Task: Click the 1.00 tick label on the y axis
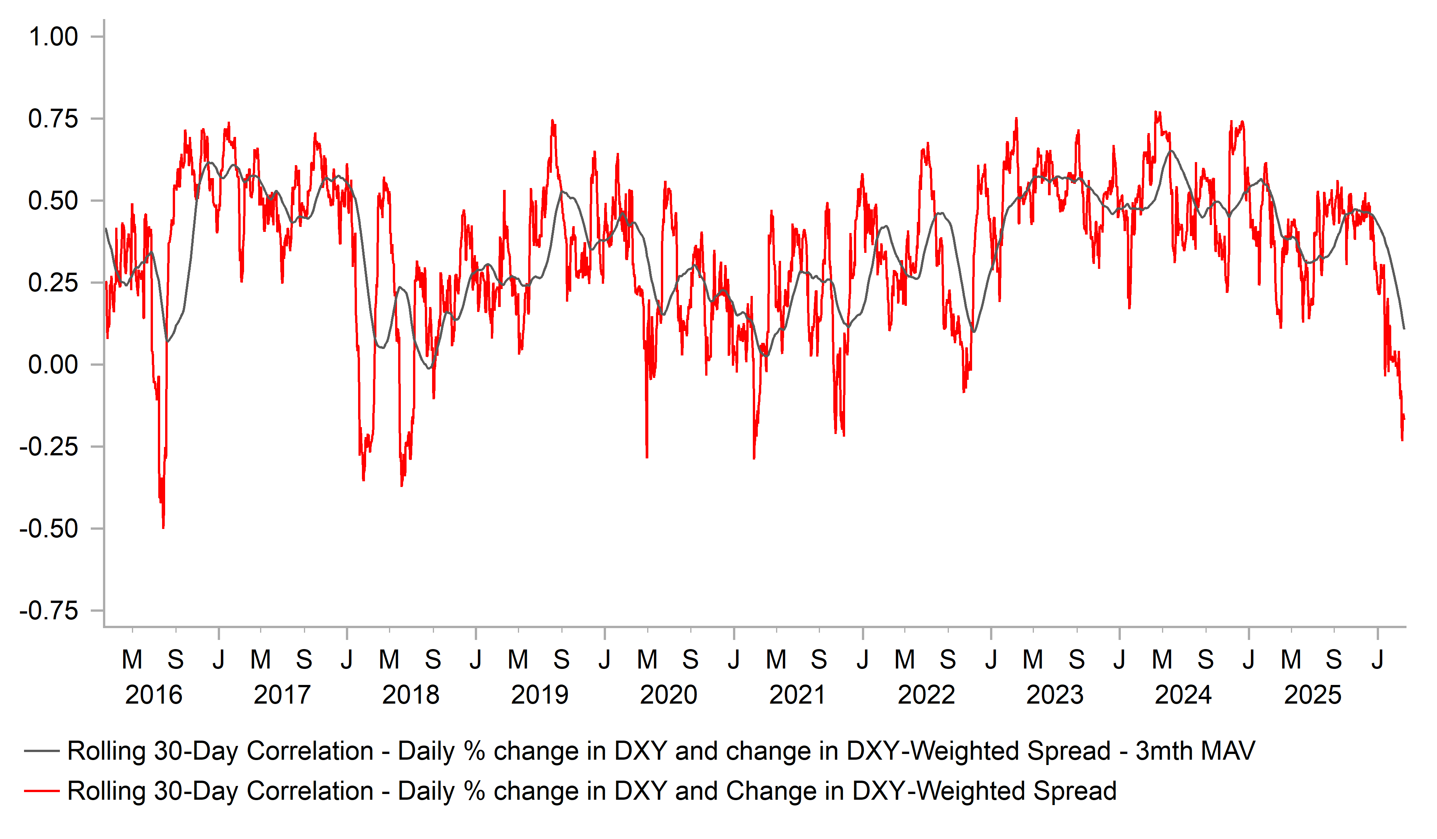[53, 37]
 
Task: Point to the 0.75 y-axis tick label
[53, 119]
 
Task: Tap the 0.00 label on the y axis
[53, 365]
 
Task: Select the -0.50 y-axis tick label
[48, 529]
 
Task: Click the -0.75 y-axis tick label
[48, 611]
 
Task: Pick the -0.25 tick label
[48, 447]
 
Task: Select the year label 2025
[1313, 695]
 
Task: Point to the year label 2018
[411, 695]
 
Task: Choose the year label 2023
[1055, 695]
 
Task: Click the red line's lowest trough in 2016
[163, 527]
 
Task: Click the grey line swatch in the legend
[42, 751]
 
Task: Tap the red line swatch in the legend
[42, 791]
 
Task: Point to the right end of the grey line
[1404, 328]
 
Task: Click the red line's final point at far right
[1404, 419]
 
